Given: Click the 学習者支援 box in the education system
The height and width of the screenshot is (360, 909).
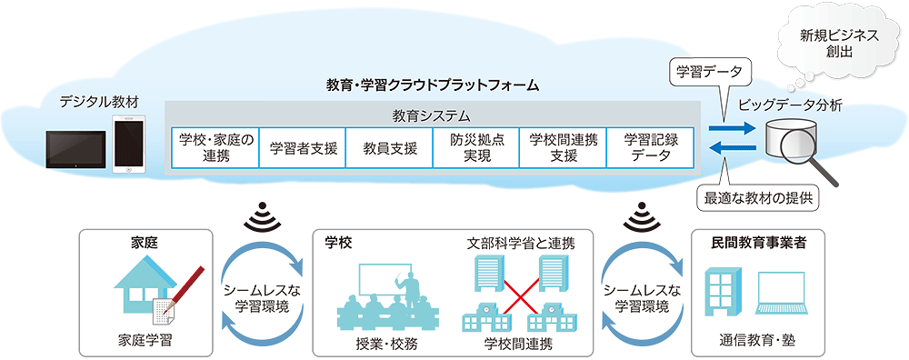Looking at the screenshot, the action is coord(303,148).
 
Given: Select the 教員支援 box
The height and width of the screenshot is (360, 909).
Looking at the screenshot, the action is coord(390,148).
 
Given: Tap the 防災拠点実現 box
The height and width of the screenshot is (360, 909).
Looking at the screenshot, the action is coord(476,148).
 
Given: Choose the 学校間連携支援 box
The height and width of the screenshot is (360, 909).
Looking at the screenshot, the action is coord(564,148).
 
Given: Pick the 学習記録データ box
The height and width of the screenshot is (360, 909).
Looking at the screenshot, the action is coord(651,148).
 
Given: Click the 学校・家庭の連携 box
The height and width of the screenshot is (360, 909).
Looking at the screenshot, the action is coord(215,148).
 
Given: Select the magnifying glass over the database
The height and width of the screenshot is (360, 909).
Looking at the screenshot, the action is coord(811,155).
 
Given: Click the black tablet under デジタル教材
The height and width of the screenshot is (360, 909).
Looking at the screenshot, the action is coord(76,150).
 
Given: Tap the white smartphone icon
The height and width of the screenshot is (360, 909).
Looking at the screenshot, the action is coord(128,145).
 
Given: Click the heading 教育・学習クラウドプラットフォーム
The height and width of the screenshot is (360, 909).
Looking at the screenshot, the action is coord(432,85).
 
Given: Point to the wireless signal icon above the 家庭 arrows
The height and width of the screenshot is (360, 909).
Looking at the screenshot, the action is coord(262,216).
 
